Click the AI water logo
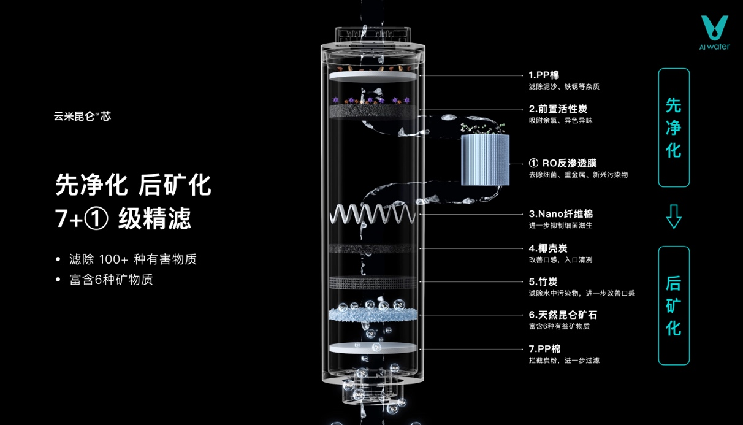point(714,33)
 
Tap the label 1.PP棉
point(544,75)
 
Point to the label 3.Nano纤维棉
point(560,214)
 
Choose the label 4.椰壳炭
point(548,248)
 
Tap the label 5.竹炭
point(543,281)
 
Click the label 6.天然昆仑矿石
point(563,315)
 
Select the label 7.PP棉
point(544,349)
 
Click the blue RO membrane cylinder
point(486,160)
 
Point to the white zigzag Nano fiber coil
point(373,214)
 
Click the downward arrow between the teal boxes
point(674,216)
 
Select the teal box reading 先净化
point(674,128)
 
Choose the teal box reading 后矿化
point(674,305)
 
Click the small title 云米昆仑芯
point(82,116)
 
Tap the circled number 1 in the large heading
point(96,218)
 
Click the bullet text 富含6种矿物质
point(111,280)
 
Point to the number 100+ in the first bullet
point(113,259)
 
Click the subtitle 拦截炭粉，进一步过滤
point(564,361)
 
